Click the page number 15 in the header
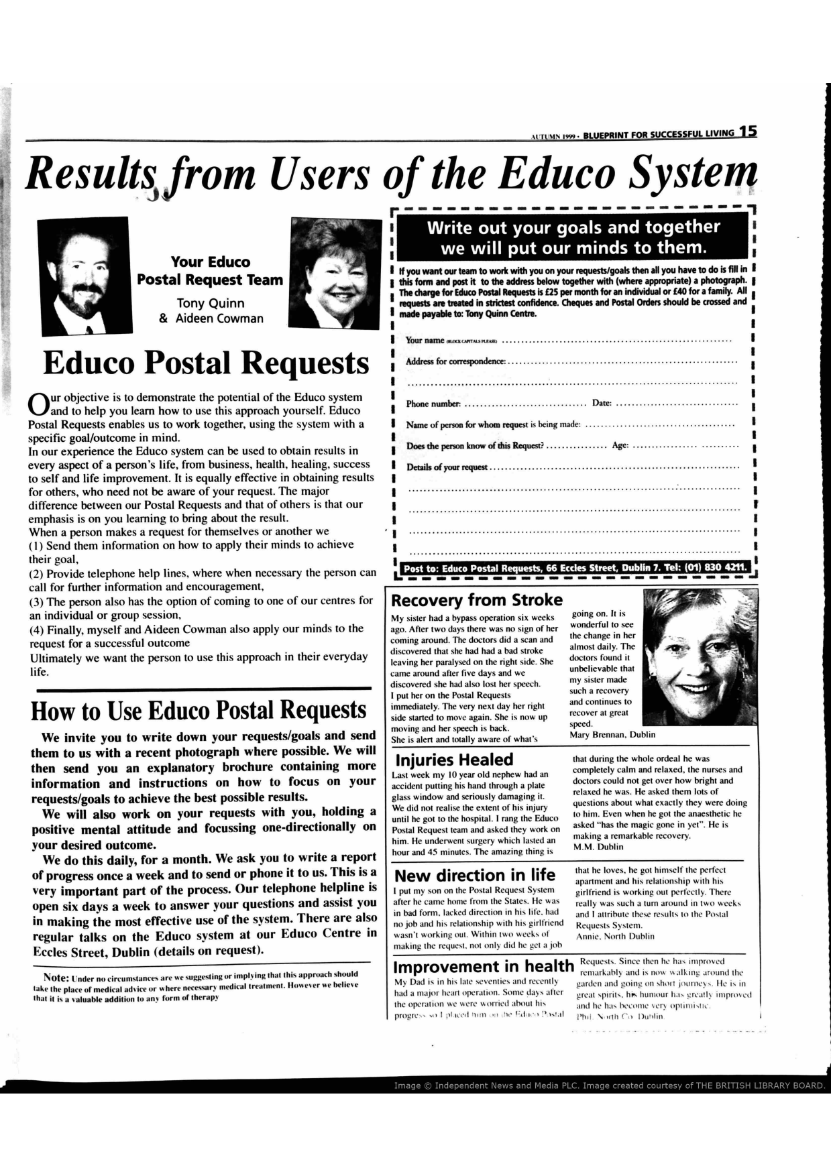point(748,132)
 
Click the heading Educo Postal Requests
point(206,363)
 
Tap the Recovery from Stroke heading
point(476,599)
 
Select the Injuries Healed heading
point(454,760)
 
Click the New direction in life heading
point(475,875)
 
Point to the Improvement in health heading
point(484,967)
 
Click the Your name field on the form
point(617,341)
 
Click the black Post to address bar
point(574,569)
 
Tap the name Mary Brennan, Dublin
point(612,734)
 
